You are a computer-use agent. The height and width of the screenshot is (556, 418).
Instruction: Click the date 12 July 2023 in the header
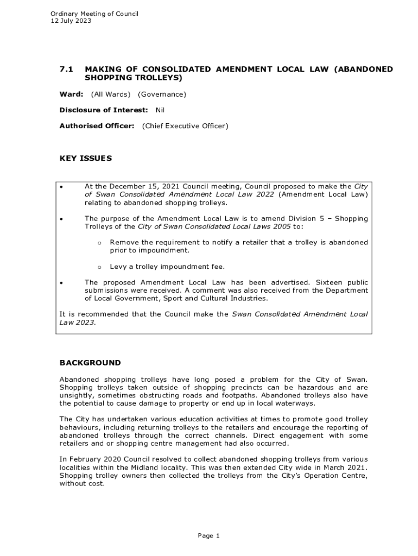pos(71,21)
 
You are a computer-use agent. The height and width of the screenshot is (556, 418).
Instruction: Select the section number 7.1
pos(66,69)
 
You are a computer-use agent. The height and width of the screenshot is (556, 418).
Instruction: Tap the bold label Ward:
pos(71,94)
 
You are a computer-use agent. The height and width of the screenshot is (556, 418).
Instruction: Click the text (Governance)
pos(162,94)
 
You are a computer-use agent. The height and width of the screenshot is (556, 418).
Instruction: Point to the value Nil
pos(160,110)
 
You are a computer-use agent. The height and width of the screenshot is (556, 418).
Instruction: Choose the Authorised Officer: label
pos(97,126)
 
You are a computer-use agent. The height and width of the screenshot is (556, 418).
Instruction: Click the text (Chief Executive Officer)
pos(185,126)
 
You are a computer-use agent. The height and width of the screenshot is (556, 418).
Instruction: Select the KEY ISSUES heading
pos(85,159)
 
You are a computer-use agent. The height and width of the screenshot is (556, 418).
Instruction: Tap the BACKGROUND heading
pos(90,363)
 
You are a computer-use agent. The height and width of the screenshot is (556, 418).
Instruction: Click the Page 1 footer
pos(208,536)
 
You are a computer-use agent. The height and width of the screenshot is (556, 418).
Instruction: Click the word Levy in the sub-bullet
pos(118,267)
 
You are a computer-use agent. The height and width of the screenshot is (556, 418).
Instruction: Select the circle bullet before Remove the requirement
pos(99,243)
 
